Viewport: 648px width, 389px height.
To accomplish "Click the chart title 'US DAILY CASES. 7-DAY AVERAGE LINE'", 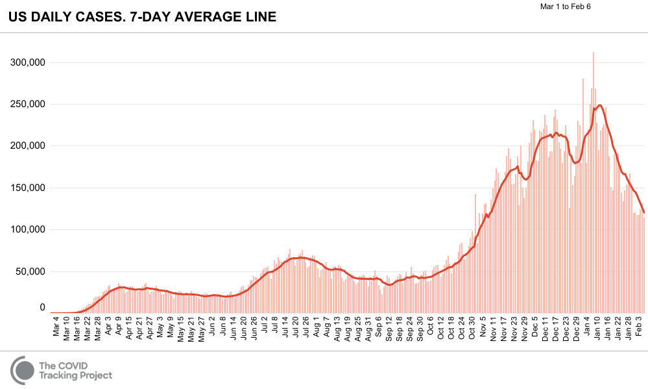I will point(142,18).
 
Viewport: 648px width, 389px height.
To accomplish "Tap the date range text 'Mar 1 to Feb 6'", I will point(565,6).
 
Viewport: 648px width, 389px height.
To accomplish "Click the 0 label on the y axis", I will point(42,308).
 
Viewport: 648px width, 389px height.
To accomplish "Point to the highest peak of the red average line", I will point(600,105).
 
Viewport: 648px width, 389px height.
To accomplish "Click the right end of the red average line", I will point(643,212).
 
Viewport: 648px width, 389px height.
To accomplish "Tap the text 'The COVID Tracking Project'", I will point(75,370).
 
